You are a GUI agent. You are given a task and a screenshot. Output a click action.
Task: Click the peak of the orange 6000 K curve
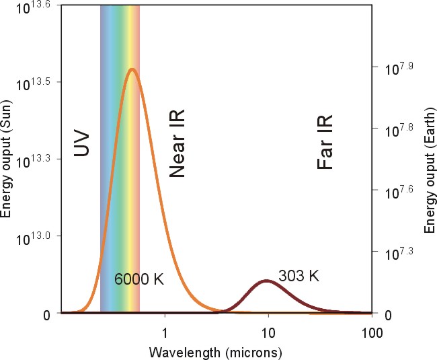click(132, 69)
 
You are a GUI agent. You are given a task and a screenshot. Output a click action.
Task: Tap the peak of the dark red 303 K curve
click(267, 281)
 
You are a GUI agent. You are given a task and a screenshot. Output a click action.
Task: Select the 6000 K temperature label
click(139, 279)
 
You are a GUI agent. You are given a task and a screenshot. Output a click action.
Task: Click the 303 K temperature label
click(299, 275)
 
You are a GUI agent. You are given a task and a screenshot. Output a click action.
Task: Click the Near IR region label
click(177, 145)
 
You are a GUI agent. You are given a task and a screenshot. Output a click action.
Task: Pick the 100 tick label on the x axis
click(371, 332)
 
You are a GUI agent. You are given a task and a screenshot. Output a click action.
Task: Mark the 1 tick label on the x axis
click(165, 332)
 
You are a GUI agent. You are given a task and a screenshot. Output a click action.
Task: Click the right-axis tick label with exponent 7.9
click(398, 68)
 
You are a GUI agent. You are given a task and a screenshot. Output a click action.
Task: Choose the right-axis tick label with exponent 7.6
click(398, 192)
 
